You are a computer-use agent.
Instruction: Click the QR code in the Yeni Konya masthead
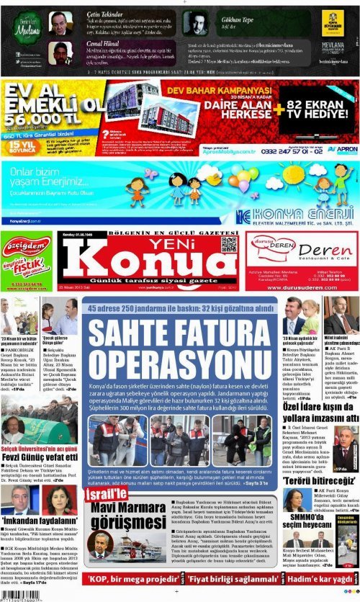pyautogui.click(x=229, y=244)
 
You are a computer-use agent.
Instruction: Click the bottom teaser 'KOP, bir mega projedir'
pyautogui.click(x=125, y=579)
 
